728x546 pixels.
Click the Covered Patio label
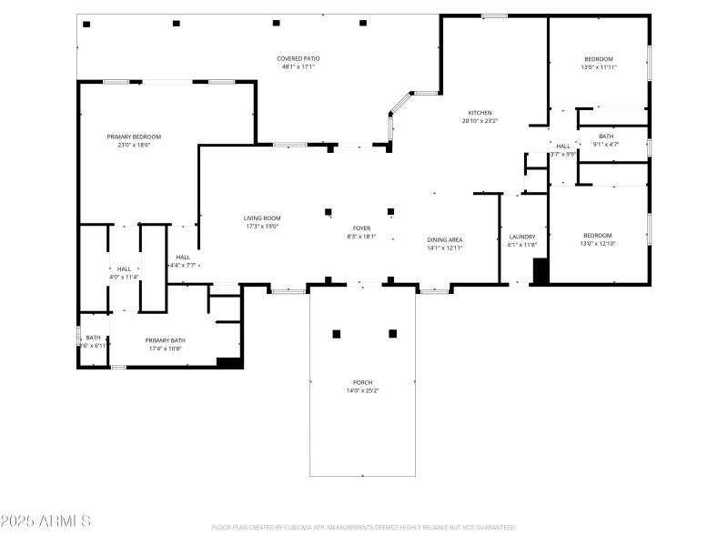pos(298,58)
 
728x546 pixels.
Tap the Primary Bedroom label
pos(133,136)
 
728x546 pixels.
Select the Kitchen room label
pos(480,113)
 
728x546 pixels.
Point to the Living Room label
pos(262,218)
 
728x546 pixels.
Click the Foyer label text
pos(361,227)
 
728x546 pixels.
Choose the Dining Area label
pos(445,240)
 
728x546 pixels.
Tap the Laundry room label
pos(521,237)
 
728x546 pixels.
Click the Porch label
pos(363,382)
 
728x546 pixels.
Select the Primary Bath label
pos(166,340)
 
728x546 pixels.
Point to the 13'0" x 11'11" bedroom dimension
pos(599,67)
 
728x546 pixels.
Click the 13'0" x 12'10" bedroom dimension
pos(598,244)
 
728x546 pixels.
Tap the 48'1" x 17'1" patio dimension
pos(298,66)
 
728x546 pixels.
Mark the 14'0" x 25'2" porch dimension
pos(363,390)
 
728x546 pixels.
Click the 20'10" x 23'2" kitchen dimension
pos(480,121)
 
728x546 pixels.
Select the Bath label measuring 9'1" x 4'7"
pos(606,136)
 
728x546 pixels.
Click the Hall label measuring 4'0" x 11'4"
pos(125,268)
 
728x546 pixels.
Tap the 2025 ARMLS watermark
pos(45,521)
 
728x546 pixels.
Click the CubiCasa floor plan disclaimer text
pos(364,527)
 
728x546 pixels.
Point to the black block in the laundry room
pos(540,272)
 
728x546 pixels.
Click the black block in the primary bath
pos(229,362)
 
